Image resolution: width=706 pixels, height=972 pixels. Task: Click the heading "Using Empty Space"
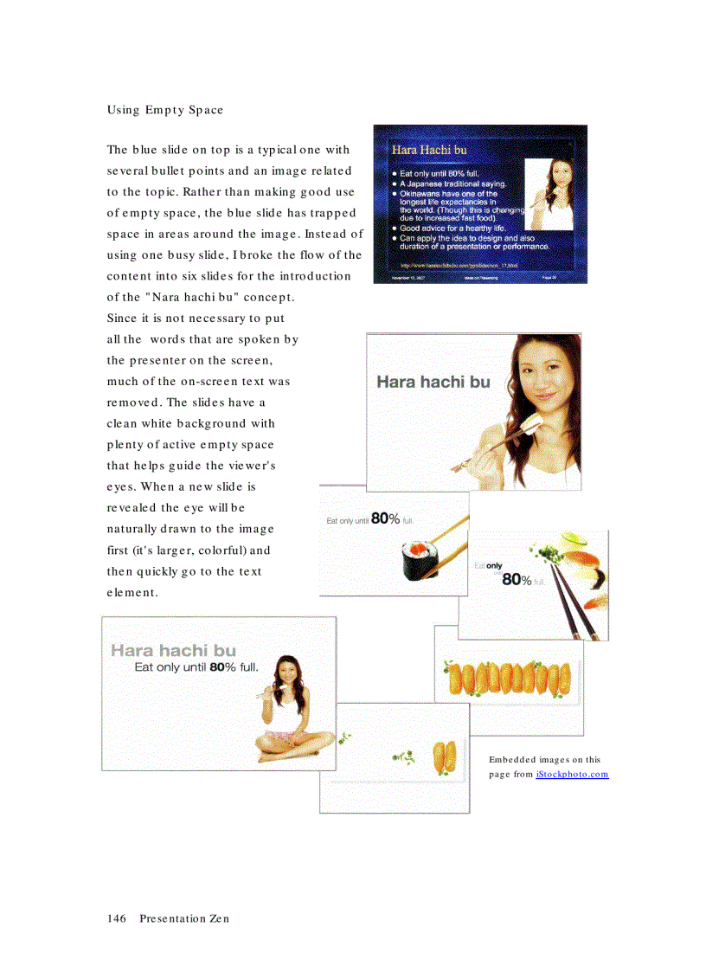(x=165, y=110)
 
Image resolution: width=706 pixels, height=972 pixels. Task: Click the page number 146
(x=117, y=918)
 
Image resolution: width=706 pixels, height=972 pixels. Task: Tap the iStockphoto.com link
(x=572, y=774)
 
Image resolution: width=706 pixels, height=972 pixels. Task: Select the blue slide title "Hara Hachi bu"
(x=429, y=150)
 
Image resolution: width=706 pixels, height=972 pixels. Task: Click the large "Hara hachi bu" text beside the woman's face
(x=433, y=382)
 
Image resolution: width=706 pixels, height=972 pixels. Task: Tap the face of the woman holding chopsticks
(x=522, y=381)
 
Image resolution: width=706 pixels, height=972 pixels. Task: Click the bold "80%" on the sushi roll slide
(x=385, y=519)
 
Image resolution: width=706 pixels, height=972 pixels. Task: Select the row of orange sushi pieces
(x=509, y=679)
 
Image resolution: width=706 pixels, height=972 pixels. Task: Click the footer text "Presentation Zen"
(x=184, y=918)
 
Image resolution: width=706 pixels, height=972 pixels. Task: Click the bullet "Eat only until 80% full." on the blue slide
(x=440, y=174)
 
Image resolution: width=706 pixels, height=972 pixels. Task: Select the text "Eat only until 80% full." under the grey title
(x=196, y=668)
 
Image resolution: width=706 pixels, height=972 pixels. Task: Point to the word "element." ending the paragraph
(x=133, y=593)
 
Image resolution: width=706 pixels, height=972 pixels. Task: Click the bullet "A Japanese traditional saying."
(x=452, y=184)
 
